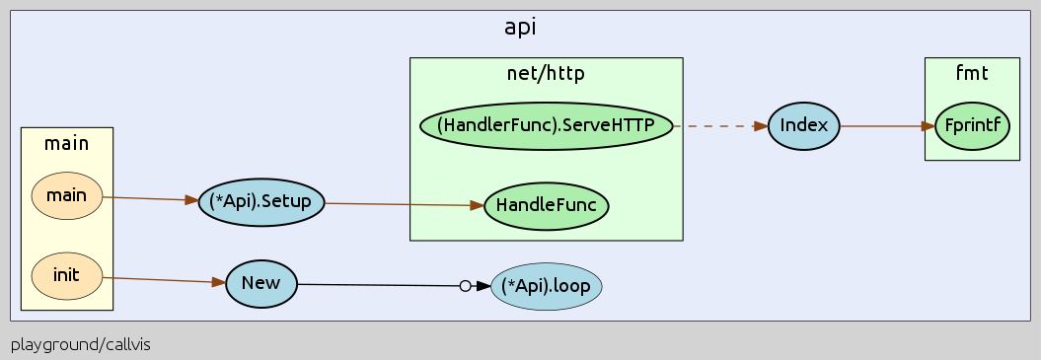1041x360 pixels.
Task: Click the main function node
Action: point(67,196)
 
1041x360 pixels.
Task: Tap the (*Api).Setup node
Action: point(260,202)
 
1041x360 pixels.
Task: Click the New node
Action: point(260,284)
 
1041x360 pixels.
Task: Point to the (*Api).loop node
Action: point(546,287)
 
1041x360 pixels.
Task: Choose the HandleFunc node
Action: point(546,206)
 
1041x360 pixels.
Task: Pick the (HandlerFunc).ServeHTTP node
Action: point(546,126)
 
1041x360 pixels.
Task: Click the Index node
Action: point(803,126)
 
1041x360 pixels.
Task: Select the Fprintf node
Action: point(971,126)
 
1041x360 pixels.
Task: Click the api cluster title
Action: point(520,27)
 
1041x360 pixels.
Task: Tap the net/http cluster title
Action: point(546,71)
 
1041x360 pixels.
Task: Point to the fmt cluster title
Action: point(971,71)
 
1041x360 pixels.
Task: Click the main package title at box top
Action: point(67,143)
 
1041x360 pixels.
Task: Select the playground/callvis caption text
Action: point(81,345)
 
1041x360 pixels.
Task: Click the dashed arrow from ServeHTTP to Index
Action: point(720,126)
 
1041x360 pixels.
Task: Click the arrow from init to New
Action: point(158,280)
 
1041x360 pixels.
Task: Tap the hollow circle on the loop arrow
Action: point(465,286)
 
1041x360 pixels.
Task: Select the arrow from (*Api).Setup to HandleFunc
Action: point(405,204)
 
